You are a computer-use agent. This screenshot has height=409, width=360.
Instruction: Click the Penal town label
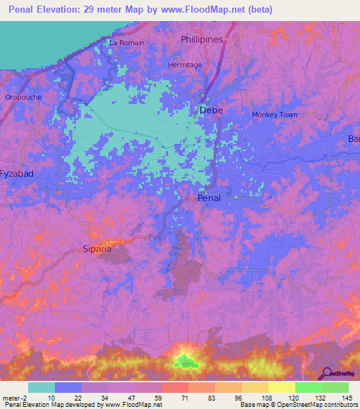(x=209, y=198)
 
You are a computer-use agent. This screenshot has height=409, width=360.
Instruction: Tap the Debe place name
(x=211, y=110)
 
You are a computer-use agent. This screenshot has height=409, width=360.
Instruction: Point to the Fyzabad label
(x=17, y=173)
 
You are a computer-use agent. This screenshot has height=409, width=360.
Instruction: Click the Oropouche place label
(x=22, y=97)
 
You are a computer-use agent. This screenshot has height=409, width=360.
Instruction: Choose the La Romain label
(x=127, y=43)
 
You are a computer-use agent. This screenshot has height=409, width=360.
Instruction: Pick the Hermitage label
(x=185, y=65)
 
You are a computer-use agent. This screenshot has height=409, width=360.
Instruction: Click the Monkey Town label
(x=274, y=115)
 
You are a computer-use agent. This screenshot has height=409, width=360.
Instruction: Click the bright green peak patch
(x=186, y=361)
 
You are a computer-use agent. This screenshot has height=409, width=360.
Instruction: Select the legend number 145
(x=347, y=398)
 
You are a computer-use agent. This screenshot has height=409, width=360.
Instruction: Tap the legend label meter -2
(x=15, y=398)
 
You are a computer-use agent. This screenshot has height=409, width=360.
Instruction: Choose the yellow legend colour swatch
(x=281, y=387)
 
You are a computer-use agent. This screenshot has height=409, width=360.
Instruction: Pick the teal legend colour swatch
(x=41, y=387)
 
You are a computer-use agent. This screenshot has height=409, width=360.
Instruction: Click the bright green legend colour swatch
(x=308, y=387)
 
